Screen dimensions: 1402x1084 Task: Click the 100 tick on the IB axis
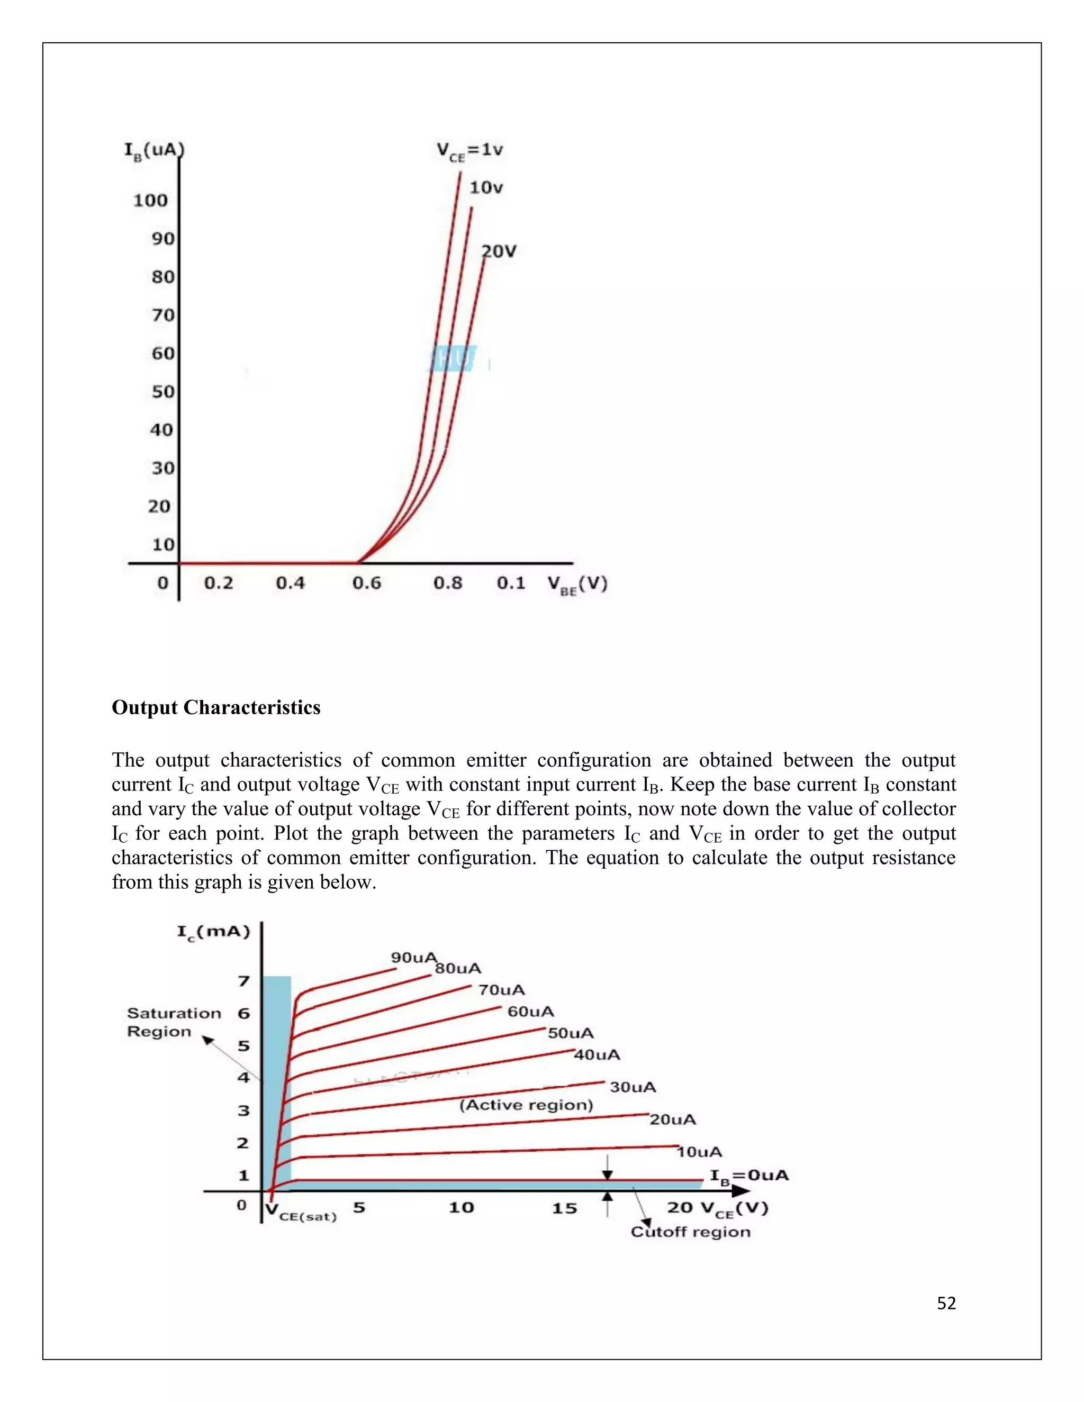point(150,201)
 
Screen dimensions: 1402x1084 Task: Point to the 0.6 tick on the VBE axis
point(366,583)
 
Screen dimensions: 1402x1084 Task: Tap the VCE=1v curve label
point(469,151)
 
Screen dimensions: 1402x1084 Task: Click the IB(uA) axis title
point(153,151)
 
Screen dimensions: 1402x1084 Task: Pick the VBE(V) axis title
point(577,584)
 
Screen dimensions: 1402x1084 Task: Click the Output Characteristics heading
point(216,707)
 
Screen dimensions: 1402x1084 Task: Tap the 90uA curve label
point(413,957)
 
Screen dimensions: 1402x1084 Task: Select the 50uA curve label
point(570,1033)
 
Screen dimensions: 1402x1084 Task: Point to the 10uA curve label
point(699,1152)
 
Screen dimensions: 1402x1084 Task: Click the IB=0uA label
point(748,1176)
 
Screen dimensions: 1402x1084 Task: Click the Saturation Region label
point(174,1022)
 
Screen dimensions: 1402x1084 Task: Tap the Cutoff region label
point(690,1231)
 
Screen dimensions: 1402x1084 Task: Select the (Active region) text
point(526,1104)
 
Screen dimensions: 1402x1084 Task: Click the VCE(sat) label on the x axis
point(301,1212)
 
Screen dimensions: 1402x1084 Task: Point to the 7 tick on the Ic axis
point(243,981)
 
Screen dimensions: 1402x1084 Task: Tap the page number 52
point(946,1303)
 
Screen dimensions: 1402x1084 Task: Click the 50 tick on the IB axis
point(163,392)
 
